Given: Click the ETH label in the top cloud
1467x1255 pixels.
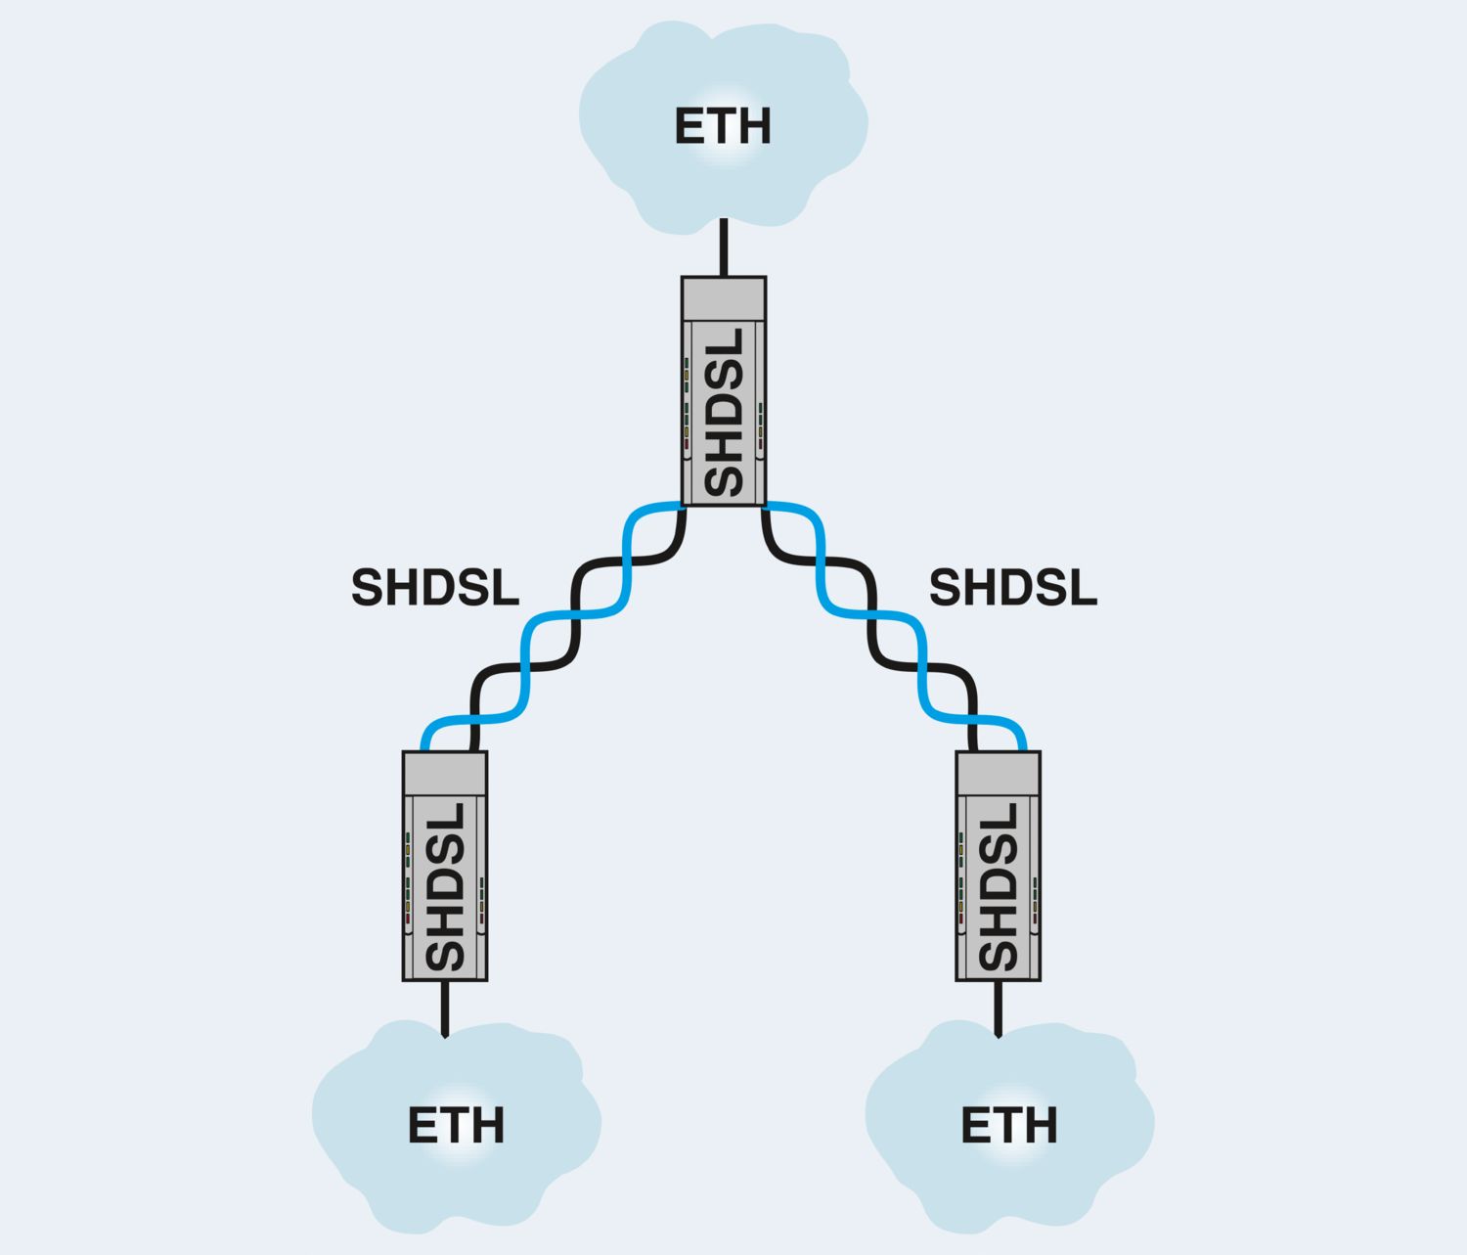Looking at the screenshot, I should click(x=723, y=126).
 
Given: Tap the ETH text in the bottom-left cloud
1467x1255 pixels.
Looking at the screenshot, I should click(x=456, y=1125).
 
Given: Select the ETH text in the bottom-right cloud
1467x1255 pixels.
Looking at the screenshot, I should click(x=1009, y=1125).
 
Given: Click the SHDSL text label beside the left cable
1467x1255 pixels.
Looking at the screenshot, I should click(x=435, y=588).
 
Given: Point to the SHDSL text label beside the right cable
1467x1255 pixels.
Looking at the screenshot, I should click(x=1012, y=588).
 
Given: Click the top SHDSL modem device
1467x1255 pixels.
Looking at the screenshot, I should click(x=724, y=391).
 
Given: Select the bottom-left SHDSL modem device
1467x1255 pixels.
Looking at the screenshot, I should click(x=445, y=866).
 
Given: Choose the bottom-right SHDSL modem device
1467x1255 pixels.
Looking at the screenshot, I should click(x=999, y=866).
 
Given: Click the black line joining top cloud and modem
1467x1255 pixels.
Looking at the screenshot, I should click(x=724, y=248).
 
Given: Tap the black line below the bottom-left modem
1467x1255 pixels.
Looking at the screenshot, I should click(x=445, y=1008).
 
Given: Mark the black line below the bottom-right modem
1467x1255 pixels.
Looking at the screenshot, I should click(x=999, y=1008).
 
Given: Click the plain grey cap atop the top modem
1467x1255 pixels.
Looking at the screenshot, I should click(x=724, y=298).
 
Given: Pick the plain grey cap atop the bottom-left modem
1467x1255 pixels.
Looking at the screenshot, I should click(x=445, y=773).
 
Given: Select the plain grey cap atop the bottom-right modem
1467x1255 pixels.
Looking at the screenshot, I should click(x=999, y=773).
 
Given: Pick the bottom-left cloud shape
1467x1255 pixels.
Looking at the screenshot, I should click(x=391, y=1174).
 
